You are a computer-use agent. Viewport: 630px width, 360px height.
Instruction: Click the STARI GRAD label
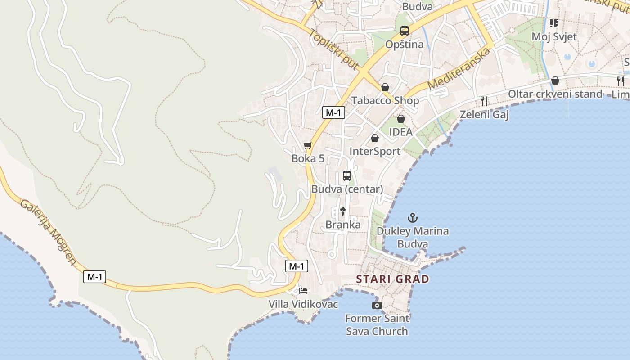(392, 279)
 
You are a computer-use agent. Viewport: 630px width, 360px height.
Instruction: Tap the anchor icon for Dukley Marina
(412, 218)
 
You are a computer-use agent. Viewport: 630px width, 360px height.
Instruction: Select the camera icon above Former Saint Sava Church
(377, 306)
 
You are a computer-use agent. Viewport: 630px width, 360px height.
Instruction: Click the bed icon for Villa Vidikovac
(303, 291)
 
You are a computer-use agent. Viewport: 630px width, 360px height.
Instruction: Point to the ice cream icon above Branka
(343, 211)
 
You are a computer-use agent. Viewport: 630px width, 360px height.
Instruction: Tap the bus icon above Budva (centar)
(347, 176)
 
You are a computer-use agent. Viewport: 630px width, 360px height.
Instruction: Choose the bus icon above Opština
(405, 31)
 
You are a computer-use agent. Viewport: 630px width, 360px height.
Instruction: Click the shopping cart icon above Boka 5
(308, 145)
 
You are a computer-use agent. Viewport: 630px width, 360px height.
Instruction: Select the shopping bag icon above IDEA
(400, 119)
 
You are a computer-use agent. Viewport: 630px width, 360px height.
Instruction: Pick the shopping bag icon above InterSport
(375, 138)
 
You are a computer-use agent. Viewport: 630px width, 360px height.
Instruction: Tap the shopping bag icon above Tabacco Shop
(385, 87)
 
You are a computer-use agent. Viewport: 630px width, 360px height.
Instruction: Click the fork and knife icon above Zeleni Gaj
(484, 101)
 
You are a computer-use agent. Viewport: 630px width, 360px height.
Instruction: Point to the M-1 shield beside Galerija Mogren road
(94, 277)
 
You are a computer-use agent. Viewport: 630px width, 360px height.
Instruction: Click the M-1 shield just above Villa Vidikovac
(297, 266)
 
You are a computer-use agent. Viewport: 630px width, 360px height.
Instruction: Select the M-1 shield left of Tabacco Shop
(333, 112)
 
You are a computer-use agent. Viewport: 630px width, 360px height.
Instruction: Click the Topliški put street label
(333, 50)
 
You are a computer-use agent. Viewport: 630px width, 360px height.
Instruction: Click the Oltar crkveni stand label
(555, 94)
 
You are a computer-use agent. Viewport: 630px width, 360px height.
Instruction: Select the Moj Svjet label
(554, 36)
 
